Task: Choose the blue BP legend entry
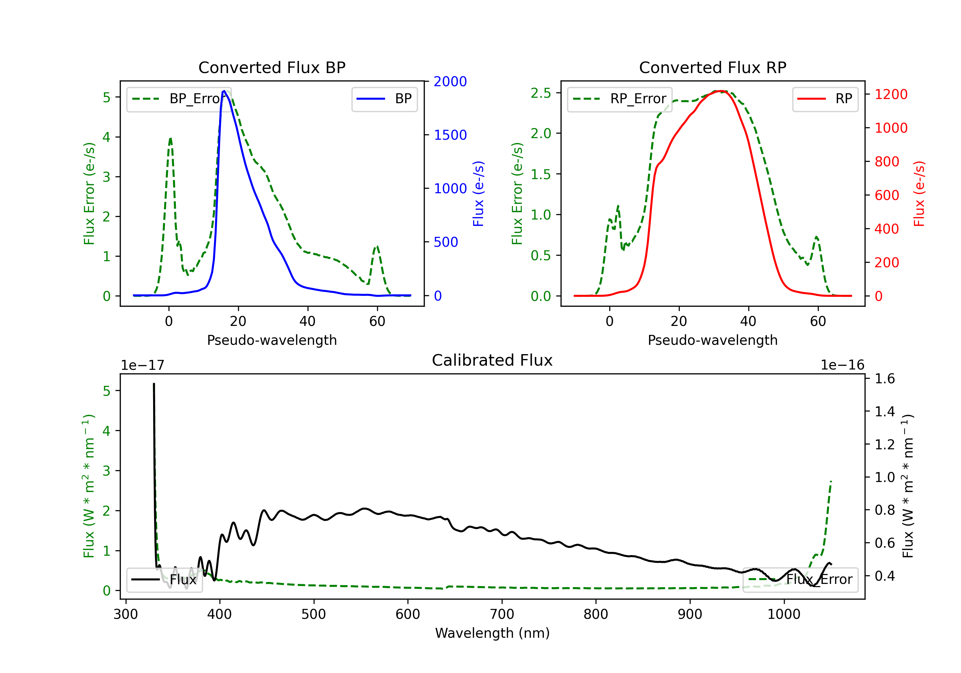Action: coord(384,99)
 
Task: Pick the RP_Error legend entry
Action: coord(620,99)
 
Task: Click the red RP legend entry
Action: coord(825,99)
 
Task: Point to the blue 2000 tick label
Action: coord(450,82)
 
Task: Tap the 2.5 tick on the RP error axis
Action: coord(541,93)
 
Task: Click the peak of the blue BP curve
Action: coord(224,91)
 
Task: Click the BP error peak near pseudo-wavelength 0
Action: coord(170,139)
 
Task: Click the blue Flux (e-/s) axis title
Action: coord(478,194)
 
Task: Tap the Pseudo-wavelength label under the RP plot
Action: coord(712,340)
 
